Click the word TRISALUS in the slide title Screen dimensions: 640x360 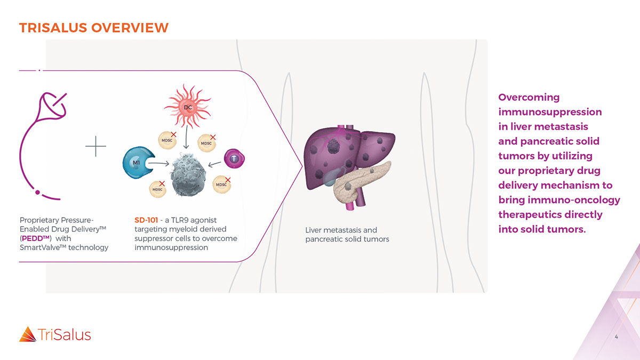(53, 28)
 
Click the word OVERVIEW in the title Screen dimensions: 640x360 (130, 28)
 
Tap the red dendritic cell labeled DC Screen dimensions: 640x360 (187, 107)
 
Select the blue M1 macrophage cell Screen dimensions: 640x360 (138, 163)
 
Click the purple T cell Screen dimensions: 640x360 (234, 158)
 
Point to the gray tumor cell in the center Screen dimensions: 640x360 (188, 175)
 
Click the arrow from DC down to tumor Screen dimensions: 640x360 (186, 137)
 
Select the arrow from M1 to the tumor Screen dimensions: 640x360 (158, 163)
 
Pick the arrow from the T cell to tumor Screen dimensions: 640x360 (214, 164)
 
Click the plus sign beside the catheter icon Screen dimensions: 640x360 (95, 146)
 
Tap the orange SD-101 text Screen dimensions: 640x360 (146, 220)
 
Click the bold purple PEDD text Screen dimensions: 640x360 (36, 238)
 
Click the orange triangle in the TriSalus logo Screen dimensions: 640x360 (28, 334)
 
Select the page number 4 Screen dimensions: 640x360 (617, 337)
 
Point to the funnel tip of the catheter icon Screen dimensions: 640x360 (53, 106)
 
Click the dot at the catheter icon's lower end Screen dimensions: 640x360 (37, 193)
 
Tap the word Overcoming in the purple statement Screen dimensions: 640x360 (529, 98)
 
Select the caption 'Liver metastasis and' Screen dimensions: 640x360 (341, 230)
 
